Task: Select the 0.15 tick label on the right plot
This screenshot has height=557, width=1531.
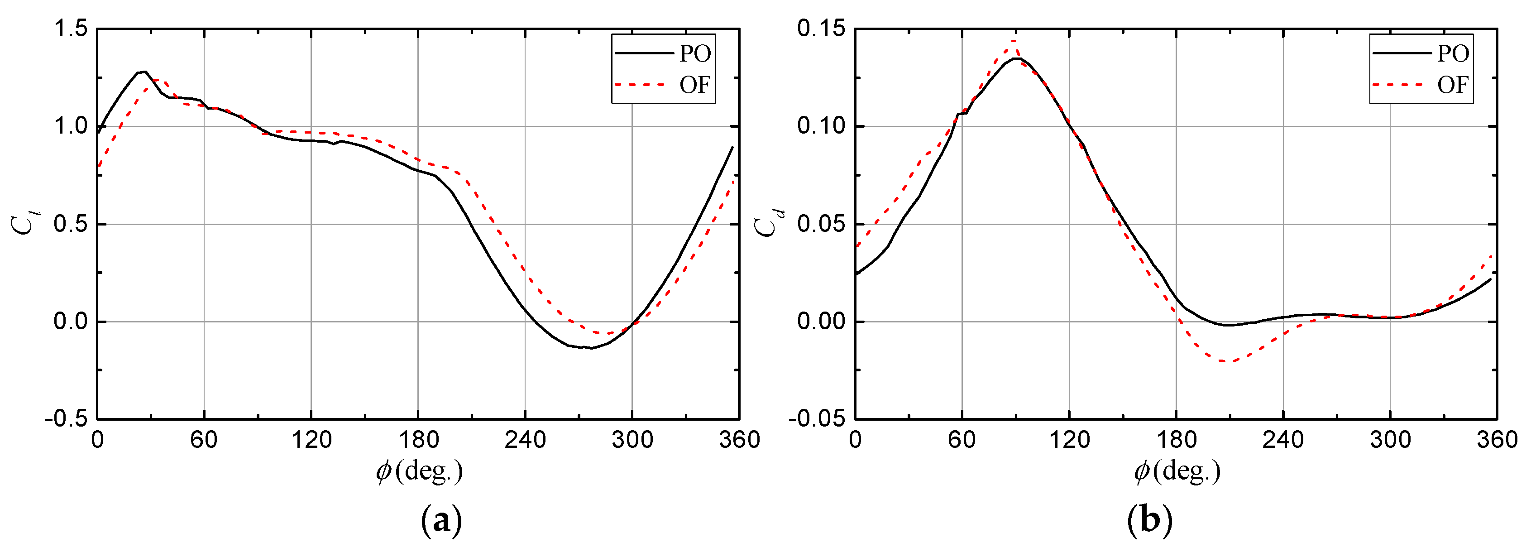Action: coord(821,28)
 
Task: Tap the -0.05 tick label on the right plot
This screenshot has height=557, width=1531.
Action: coord(817,418)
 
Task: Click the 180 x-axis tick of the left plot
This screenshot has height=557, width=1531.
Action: coord(418,440)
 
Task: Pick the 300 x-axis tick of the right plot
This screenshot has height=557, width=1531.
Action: coord(1390,440)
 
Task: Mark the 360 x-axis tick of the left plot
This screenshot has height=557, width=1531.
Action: coord(739,440)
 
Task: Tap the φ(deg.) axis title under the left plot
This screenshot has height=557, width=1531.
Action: coord(419,471)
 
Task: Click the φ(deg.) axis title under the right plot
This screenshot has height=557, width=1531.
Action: coord(1177,471)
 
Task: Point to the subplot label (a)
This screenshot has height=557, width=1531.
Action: coord(441,521)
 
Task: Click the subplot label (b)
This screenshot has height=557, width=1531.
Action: coord(1149,521)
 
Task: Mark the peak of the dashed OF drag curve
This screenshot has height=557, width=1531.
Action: coord(1014,40)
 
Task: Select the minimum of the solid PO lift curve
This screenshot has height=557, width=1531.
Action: coord(592,348)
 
